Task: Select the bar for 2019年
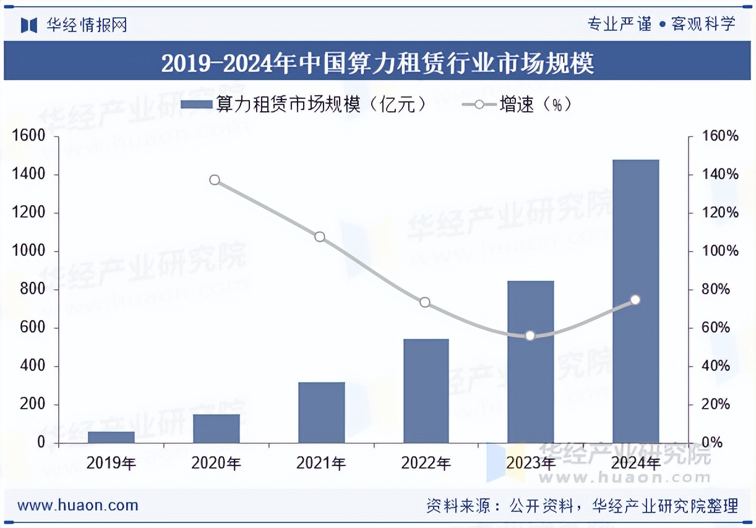click(x=111, y=437)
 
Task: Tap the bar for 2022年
click(x=426, y=391)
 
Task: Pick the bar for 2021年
click(x=321, y=412)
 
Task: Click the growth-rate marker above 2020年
click(x=215, y=180)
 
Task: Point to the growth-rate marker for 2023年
click(x=530, y=336)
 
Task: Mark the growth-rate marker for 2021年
click(x=320, y=237)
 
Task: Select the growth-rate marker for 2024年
click(x=635, y=300)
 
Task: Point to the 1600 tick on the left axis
click(x=28, y=136)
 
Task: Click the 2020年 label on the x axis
click(x=216, y=463)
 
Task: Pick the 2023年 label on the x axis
click(x=530, y=463)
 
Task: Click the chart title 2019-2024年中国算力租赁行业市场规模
click(x=377, y=63)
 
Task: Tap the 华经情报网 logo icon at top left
click(x=29, y=25)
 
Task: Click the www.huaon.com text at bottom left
click(x=78, y=505)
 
